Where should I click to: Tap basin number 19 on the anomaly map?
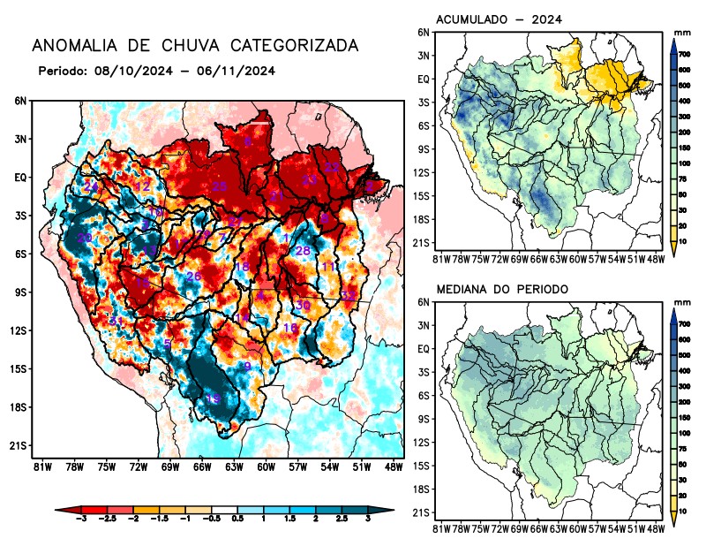point(213,399)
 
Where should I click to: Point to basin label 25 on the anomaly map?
point(219,186)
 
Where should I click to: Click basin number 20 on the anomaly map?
point(85,239)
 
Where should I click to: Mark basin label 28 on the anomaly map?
point(302,251)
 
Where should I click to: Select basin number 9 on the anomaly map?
point(248,367)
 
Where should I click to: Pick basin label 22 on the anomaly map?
point(332,167)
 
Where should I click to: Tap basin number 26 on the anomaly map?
point(194,277)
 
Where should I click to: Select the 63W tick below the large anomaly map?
point(233,466)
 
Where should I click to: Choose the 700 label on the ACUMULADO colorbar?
point(684,56)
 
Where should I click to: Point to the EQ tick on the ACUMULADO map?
point(424,79)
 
